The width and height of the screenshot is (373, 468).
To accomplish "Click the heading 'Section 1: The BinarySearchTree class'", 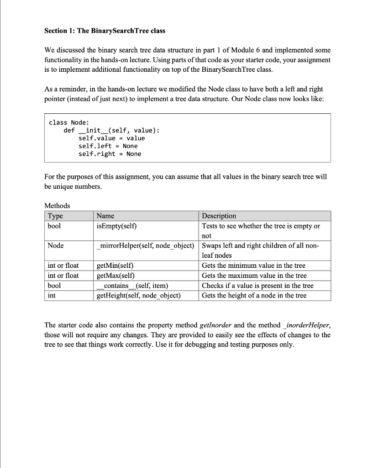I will point(105,31).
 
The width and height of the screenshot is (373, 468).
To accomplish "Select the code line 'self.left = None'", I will point(108,146).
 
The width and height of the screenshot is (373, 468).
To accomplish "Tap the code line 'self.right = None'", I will point(110,154).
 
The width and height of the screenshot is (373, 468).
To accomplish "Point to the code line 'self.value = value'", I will point(111,138).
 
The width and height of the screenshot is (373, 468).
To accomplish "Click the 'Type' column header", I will point(55,216).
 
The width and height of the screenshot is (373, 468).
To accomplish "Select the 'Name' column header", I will point(106,216).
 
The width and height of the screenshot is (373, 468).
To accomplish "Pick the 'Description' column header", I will point(219,216).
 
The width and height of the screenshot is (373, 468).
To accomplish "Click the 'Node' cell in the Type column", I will point(56,246).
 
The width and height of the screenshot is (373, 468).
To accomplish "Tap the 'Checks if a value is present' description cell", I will point(257,286).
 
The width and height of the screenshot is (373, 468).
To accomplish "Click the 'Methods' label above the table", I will point(57,206).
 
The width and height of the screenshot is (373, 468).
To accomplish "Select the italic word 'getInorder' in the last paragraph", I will point(216,325).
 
